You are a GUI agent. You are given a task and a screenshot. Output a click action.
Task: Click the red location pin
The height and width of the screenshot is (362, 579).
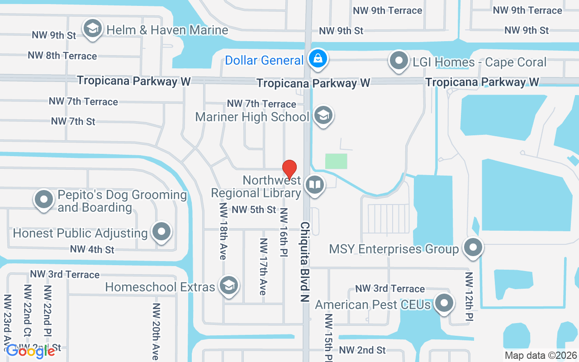coord(289,170)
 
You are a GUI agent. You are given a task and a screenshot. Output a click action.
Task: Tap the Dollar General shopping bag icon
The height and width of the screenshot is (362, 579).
coord(318,59)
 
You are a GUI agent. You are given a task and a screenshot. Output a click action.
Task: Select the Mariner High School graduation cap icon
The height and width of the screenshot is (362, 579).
coord(323,116)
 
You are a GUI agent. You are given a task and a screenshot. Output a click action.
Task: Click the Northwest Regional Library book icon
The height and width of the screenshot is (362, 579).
coord(314,185)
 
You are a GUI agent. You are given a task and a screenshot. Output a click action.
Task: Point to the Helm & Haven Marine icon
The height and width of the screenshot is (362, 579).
coord(93,29)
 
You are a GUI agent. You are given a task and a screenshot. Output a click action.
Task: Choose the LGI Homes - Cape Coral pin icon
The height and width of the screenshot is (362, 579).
coord(399,61)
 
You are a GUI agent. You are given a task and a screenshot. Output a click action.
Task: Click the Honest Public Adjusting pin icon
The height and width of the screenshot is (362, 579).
coord(161,232)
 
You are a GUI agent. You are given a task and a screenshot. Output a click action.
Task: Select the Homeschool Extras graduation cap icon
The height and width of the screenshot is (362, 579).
coord(229,286)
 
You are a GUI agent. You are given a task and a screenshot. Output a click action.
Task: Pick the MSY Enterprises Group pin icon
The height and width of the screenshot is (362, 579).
coord(473,248)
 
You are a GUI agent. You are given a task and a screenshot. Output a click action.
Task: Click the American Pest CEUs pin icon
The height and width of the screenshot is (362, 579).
coord(444,304)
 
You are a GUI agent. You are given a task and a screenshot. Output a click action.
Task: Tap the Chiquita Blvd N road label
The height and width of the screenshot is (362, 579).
coord(305,261)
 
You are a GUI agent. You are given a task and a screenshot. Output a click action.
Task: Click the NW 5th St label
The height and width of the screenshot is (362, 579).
coord(254,210)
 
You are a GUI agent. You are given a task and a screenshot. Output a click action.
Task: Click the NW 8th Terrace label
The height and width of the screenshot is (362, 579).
coord(62,56)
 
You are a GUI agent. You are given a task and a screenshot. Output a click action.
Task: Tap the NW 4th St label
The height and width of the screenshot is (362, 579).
coord(92,249)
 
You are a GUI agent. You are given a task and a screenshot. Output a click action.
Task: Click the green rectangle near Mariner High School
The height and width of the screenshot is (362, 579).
coord(336,161)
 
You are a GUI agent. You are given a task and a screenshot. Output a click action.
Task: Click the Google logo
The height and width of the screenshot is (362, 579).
coord(30,351)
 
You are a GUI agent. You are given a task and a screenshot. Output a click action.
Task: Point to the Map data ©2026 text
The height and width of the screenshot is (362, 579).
coord(541,356)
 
